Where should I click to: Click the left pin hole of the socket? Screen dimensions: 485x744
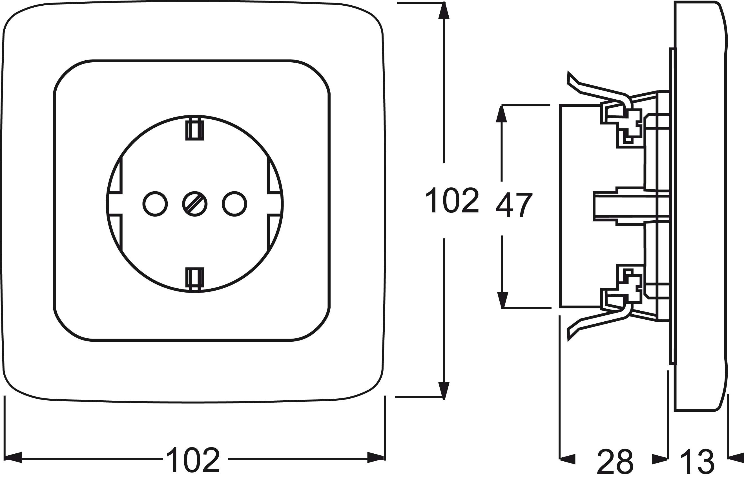[155, 204]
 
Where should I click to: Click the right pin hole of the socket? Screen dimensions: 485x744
[234, 204]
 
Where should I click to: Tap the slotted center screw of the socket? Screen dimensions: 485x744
[195, 204]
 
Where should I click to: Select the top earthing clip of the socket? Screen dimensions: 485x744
[195, 130]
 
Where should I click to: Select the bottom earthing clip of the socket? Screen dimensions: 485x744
[195, 277]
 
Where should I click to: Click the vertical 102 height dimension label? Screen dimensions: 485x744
[452, 200]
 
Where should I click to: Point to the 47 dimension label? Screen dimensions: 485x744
[514, 205]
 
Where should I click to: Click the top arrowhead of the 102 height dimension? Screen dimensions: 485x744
[444, 11]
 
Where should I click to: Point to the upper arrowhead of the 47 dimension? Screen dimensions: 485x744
[501, 114]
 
